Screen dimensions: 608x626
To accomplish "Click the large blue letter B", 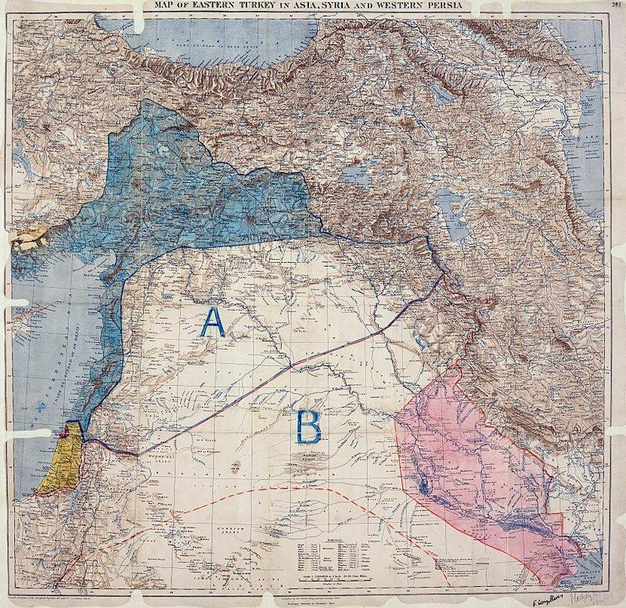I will click(307, 426).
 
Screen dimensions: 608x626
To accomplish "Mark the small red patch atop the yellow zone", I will click(65, 430).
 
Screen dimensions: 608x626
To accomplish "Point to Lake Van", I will click(354, 174).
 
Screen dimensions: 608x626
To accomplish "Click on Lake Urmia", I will click(452, 211).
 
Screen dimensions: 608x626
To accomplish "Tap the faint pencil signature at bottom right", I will click(599, 595).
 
